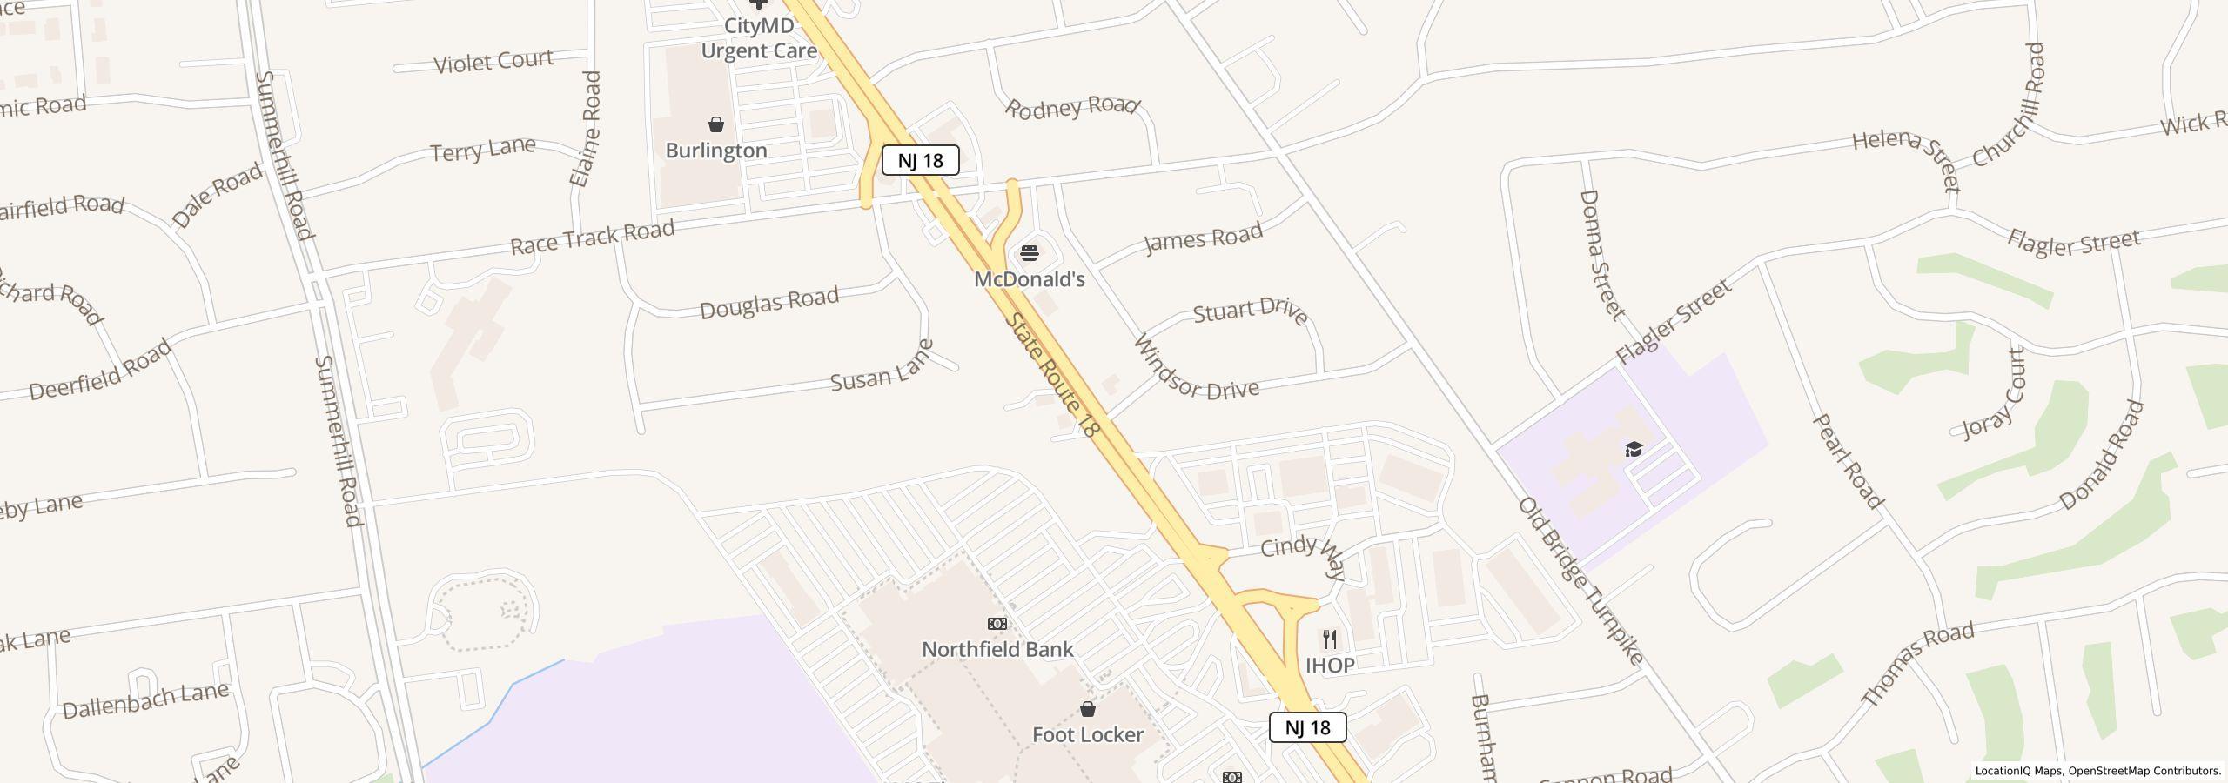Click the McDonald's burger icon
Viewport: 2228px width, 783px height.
tap(1030, 253)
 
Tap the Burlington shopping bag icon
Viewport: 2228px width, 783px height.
tap(716, 125)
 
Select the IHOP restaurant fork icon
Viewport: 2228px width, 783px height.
tap(1330, 640)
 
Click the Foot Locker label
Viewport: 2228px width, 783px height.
tap(1088, 735)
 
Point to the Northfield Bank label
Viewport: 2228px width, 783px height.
tap(997, 650)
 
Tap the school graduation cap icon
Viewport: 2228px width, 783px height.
tap(1634, 450)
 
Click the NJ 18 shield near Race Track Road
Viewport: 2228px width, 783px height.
tap(920, 161)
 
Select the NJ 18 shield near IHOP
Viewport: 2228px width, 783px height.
tap(1307, 727)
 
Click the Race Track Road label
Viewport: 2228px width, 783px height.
tap(592, 237)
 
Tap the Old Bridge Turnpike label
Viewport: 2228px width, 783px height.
tap(1580, 580)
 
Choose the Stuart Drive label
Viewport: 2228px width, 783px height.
tap(1251, 311)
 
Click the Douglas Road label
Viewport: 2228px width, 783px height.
tap(768, 303)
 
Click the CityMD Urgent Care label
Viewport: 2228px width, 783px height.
tap(759, 38)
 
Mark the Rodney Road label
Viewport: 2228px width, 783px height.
tap(1072, 107)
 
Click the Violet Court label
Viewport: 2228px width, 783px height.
tap(493, 62)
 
